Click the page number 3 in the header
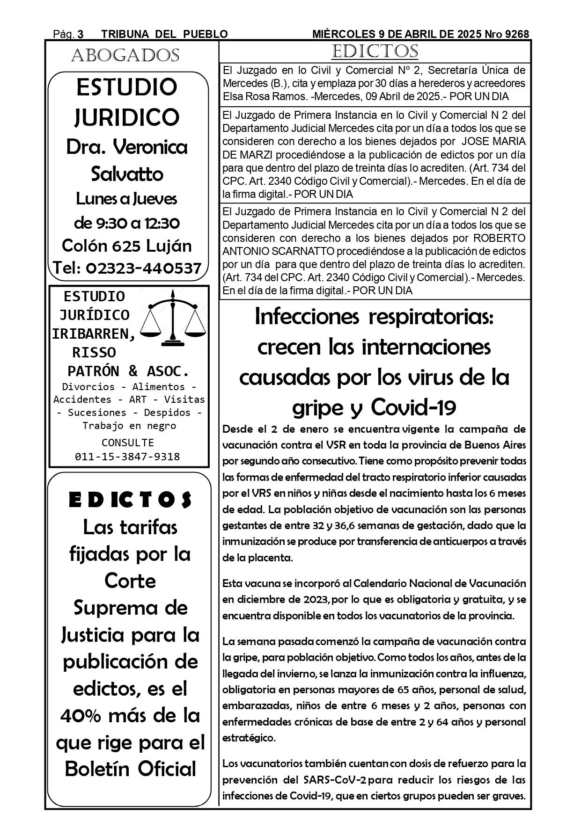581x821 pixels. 81,34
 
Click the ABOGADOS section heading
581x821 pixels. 125,56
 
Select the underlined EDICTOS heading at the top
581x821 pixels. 375,51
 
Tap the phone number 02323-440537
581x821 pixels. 144,268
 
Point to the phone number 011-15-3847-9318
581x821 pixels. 127,457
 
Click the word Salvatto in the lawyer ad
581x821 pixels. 127,174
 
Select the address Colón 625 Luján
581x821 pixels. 127,246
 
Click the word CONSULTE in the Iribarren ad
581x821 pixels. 127,443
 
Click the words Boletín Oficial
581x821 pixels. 130,769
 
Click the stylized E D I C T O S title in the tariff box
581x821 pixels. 130,501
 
